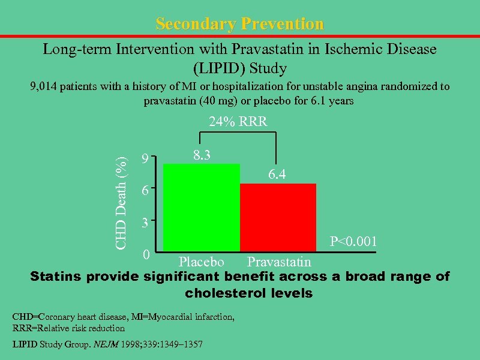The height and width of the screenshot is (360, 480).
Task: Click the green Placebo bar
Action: pos(202,207)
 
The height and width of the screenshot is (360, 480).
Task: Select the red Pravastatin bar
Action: pos(278,217)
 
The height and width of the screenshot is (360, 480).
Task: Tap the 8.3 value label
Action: pos(201,155)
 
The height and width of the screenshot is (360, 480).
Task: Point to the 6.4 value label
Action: pos(277,175)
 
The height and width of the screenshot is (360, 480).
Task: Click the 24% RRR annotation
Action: pos(238,122)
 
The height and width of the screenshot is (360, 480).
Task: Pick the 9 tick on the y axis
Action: pos(144,159)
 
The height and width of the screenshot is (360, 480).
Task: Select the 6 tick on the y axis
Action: pos(144,191)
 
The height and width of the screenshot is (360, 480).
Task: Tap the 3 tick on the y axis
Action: pos(144,223)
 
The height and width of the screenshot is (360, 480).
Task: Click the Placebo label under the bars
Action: pos(202,262)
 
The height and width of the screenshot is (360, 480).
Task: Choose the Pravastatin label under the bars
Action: pos(279,262)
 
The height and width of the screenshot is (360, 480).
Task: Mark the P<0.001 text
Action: pos(353,242)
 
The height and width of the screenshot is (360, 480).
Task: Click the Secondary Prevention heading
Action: pos(239,24)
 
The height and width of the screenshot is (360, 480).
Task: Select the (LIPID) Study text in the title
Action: pos(239,68)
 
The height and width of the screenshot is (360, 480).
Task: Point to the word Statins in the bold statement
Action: pos(56,277)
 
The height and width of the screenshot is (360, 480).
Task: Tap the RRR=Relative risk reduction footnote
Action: pos(68,328)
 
